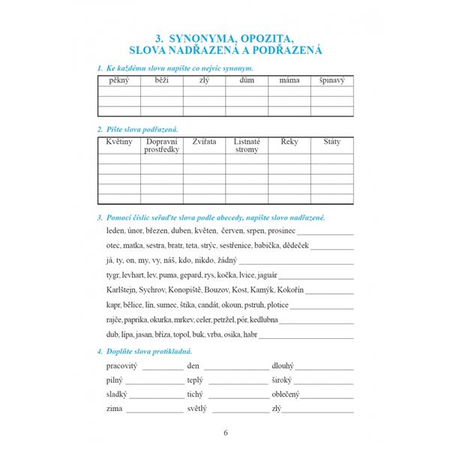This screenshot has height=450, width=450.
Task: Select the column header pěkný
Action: coord(118,79)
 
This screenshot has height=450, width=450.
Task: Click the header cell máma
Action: coord(289,79)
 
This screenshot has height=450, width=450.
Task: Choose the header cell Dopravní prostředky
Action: coord(161,145)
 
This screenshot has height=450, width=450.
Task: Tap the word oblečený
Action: coord(288,394)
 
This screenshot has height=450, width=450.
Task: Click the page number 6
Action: coord(225,432)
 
